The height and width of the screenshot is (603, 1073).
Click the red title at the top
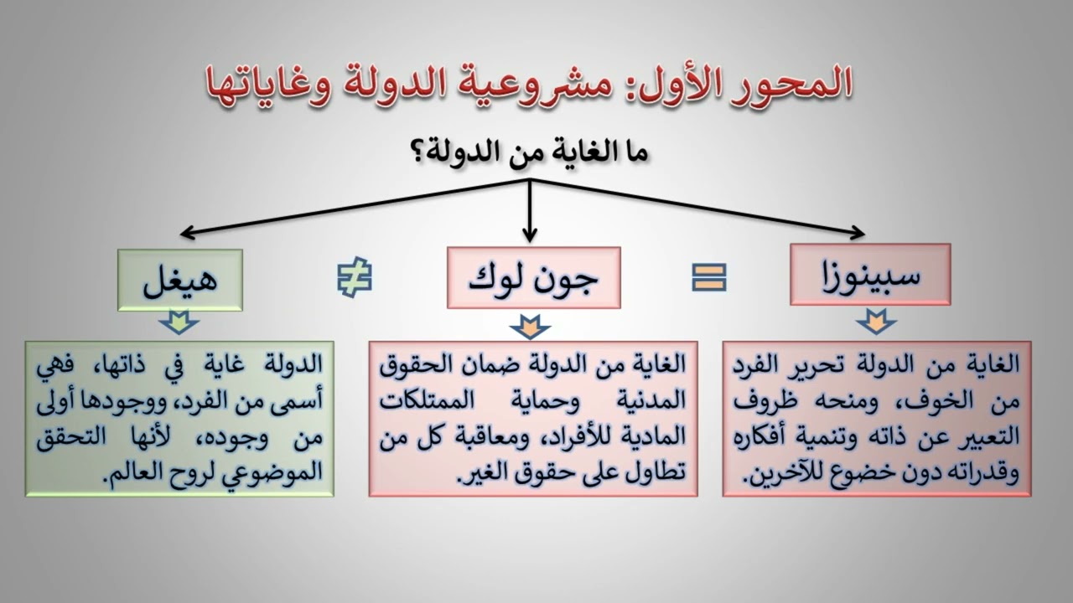(x=528, y=84)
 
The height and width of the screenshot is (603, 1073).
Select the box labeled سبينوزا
(x=870, y=274)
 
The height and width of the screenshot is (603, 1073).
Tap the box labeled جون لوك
(x=534, y=277)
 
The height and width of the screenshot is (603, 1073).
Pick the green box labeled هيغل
(x=180, y=280)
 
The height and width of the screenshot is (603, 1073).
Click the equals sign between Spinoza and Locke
(x=709, y=277)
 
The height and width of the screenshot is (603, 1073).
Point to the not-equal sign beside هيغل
(x=355, y=278)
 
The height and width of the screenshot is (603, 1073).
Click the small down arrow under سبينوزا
(x=875, y=321)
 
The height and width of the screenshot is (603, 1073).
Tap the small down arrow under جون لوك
(x=529, y=326)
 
